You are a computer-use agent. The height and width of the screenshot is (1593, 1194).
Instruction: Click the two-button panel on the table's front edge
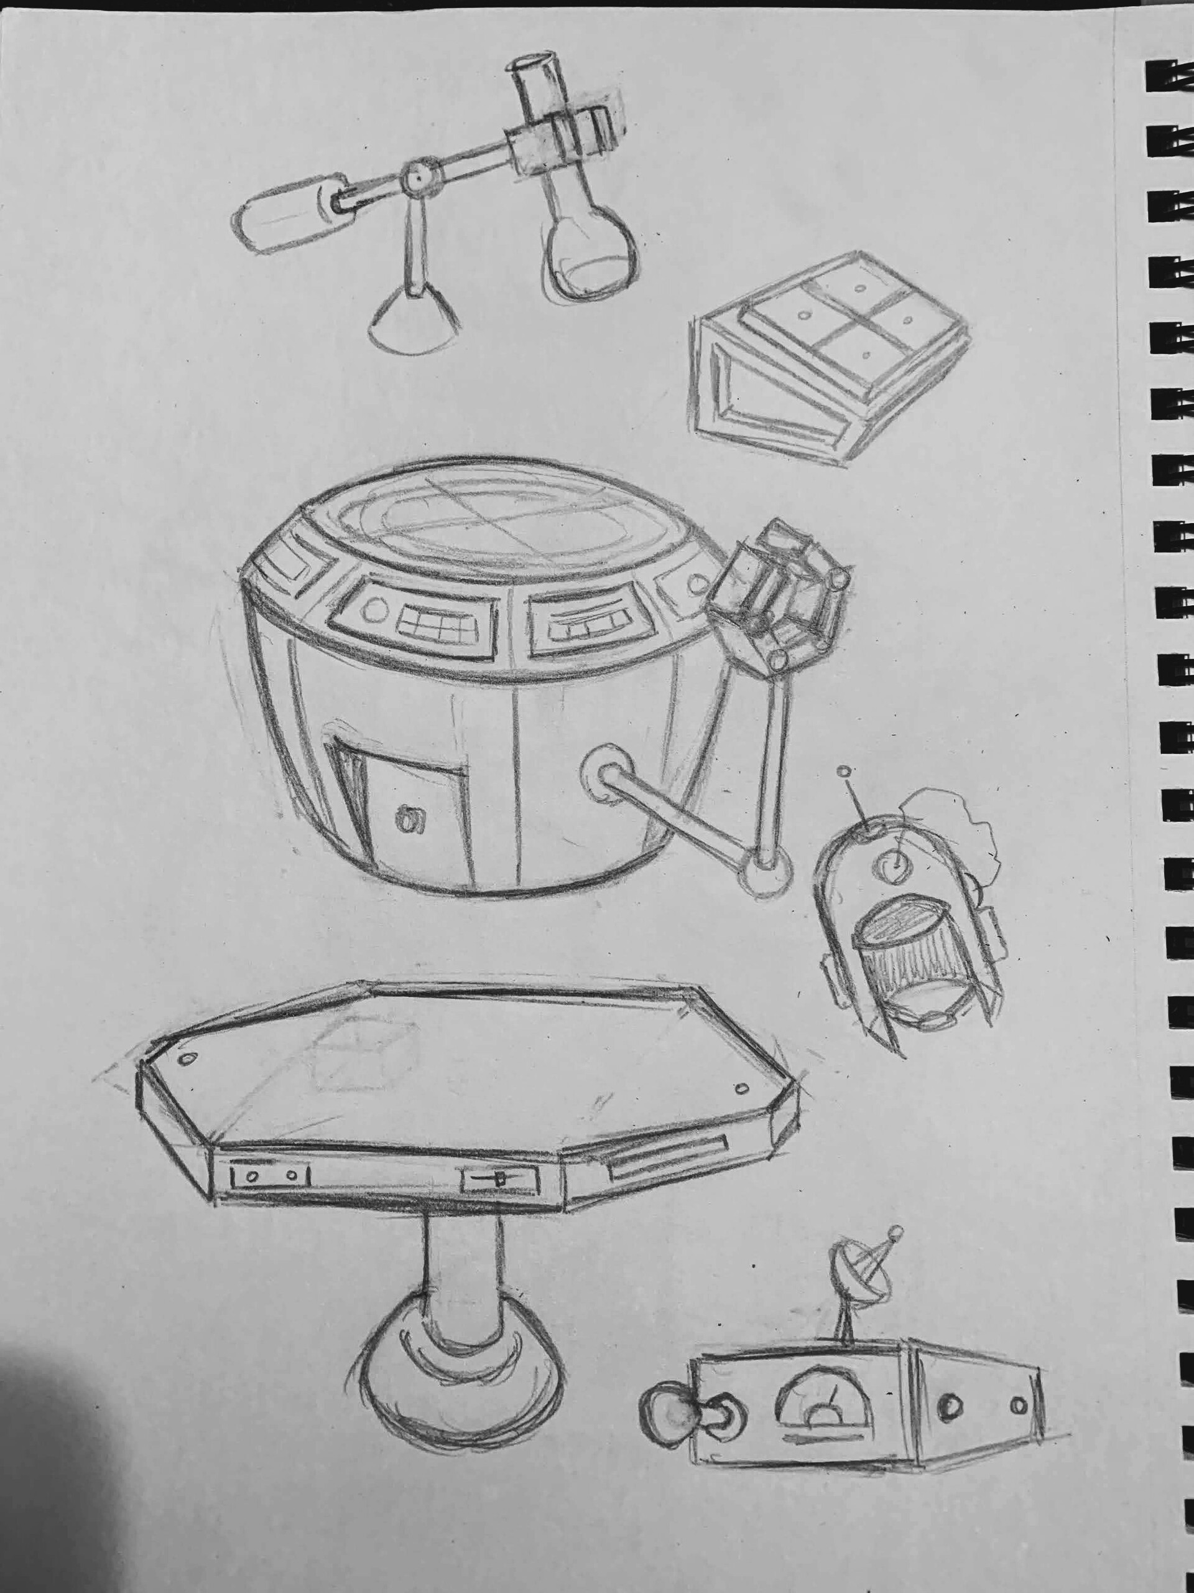coord(269,1175)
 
